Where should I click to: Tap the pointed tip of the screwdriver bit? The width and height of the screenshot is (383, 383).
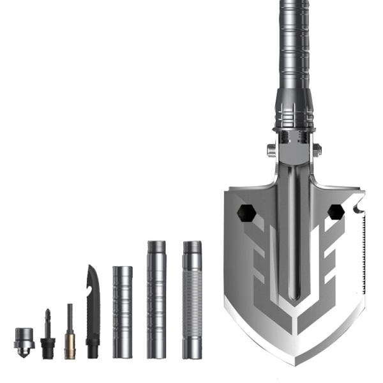click(x=47, y=312)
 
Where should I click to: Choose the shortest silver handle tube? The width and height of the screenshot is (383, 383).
click(x=122, y=312)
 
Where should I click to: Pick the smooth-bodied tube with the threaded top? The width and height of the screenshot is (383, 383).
click(x=156, y=300)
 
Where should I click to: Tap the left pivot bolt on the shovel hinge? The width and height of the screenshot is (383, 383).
click(x=271, y=152)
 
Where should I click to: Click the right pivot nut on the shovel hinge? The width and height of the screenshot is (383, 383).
click(x=316, y=151)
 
